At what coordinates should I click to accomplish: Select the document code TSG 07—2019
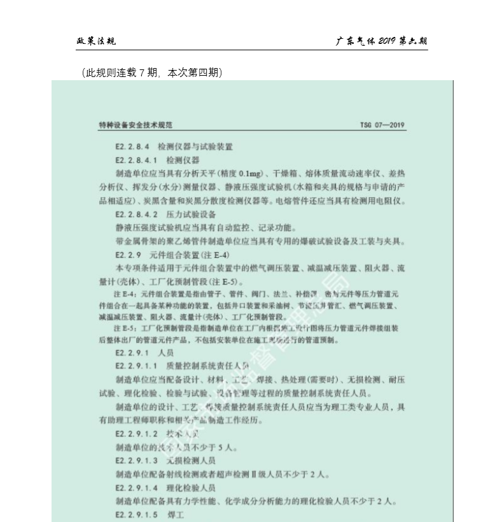click(382, 125)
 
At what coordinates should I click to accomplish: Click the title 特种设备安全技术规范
click(136, 125)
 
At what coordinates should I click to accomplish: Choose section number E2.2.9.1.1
click(136, 365)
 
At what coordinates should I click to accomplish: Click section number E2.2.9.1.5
click(136, 514)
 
